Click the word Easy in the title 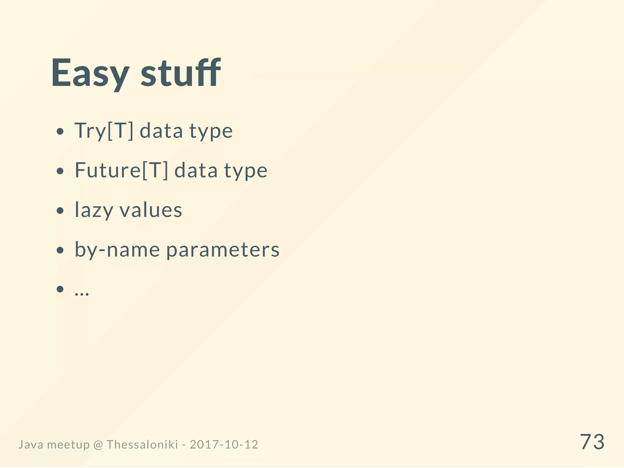90,73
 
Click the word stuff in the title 180,73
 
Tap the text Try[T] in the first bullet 104,130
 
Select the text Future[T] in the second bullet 121,170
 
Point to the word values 151,210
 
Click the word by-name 117,250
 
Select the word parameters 223,250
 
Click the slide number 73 592,442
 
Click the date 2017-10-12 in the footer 224,445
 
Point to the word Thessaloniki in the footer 142,445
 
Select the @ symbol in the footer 98,445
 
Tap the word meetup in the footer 69,445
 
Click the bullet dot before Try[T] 60,132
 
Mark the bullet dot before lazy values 60,211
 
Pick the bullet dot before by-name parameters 60,250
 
